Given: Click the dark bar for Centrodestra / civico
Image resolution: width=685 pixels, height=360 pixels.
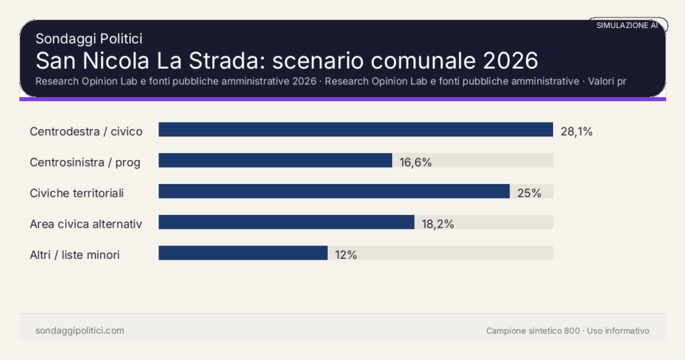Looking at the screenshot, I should [355, 130].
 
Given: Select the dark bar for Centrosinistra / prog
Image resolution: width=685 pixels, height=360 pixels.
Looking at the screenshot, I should [275, 161].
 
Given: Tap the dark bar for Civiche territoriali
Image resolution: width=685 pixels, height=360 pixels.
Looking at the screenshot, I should [334, 191].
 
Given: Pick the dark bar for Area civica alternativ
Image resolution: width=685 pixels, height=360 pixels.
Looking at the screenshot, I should [286, 222].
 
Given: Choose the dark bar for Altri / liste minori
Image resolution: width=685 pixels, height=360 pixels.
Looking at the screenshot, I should [243, 253].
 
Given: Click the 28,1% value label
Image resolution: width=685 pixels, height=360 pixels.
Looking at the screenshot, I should [577, 131].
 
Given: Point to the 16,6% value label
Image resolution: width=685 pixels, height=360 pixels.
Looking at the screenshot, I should [415, 162].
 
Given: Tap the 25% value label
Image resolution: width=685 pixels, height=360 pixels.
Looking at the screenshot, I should [529, 193].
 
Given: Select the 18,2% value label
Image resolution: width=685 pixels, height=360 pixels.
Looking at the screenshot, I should [437, 223].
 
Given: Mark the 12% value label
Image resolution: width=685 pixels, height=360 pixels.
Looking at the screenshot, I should [346, 254].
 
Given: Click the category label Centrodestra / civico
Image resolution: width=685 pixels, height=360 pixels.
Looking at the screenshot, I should [86, 131].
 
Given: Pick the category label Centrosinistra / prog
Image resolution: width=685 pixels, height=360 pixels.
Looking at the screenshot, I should [85, 162].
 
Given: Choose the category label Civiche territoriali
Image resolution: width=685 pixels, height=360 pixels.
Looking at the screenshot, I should [77, 193].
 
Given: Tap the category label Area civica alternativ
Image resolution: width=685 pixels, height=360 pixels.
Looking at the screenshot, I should [86, 223].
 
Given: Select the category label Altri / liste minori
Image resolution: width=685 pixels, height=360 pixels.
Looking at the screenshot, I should [75, 254].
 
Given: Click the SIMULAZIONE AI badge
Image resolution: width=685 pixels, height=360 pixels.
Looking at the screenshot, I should [627, 25].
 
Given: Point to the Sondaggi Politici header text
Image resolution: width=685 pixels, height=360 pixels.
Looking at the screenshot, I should [89, 39].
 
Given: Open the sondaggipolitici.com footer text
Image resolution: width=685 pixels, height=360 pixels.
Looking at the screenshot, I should [80, 331].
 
